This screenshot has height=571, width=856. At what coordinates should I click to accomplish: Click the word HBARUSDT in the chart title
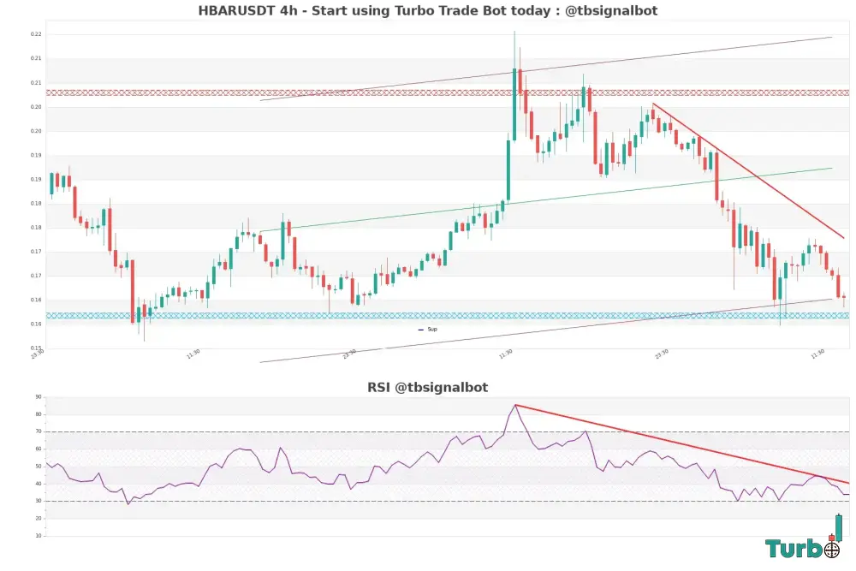coord(235,11)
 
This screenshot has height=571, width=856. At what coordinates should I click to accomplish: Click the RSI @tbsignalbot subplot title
coord(428,388)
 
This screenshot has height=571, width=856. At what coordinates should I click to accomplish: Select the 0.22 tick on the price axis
coord(37,34)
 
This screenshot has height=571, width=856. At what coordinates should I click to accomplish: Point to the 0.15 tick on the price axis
coord(37,348)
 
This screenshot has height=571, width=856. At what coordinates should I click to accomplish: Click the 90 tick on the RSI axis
coord(39,397)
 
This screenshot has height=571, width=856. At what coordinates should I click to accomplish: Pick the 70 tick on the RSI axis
coord(39,432)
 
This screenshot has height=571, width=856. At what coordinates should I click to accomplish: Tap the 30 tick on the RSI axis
coord(39,502)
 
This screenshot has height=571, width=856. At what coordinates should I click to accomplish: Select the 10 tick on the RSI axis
coord(39,536)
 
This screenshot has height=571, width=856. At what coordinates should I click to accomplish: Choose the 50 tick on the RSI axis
coord(39,467)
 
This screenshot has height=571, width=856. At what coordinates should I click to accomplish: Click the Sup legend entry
coord(432,329)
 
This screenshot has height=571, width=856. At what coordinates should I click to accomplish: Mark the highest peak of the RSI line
coord(515,405)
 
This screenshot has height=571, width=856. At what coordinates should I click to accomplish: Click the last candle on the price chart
coord(844,297)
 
